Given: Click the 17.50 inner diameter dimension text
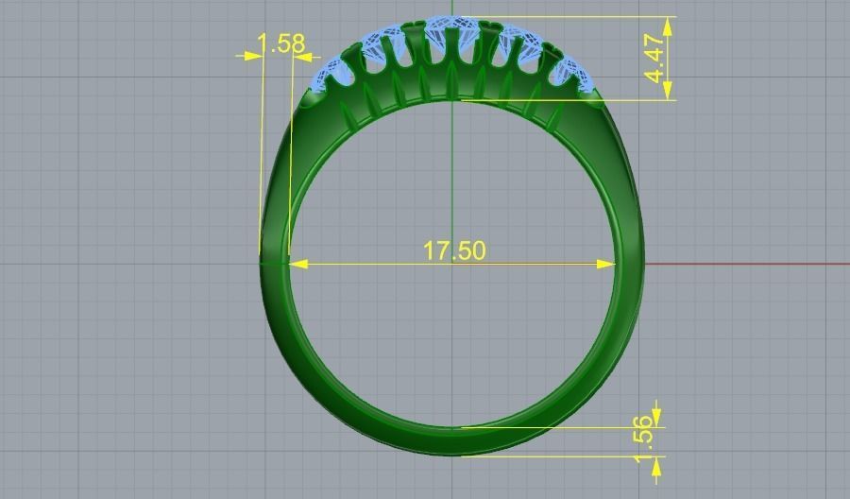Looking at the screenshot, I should (453, 250).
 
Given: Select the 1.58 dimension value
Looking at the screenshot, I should (280, 43).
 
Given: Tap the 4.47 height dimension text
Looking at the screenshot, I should (658, 60).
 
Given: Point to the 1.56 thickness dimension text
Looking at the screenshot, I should (644, 440).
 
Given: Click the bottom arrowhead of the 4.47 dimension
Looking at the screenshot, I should (669, 92).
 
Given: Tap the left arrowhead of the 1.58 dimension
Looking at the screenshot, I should (253, 56).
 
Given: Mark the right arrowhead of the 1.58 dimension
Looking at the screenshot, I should (301, 56).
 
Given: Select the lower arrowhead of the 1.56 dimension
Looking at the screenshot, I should (657, 464).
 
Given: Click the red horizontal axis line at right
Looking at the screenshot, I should (756, 264).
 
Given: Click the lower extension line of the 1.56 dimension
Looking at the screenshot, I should (567, 456).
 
